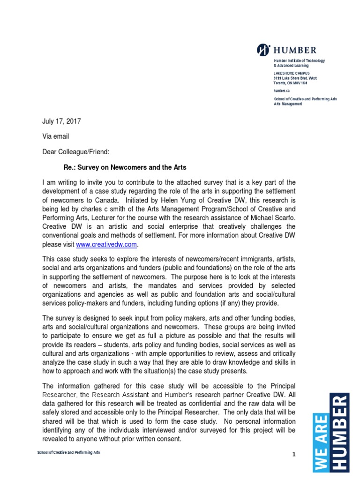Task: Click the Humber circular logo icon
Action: point(262,50)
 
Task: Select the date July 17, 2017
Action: point(61,121)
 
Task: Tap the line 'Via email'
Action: point(56,136)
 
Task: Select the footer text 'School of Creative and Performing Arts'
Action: point(68,453)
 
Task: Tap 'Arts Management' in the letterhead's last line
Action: point(288,104)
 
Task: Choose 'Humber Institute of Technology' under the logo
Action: point(299,61)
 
